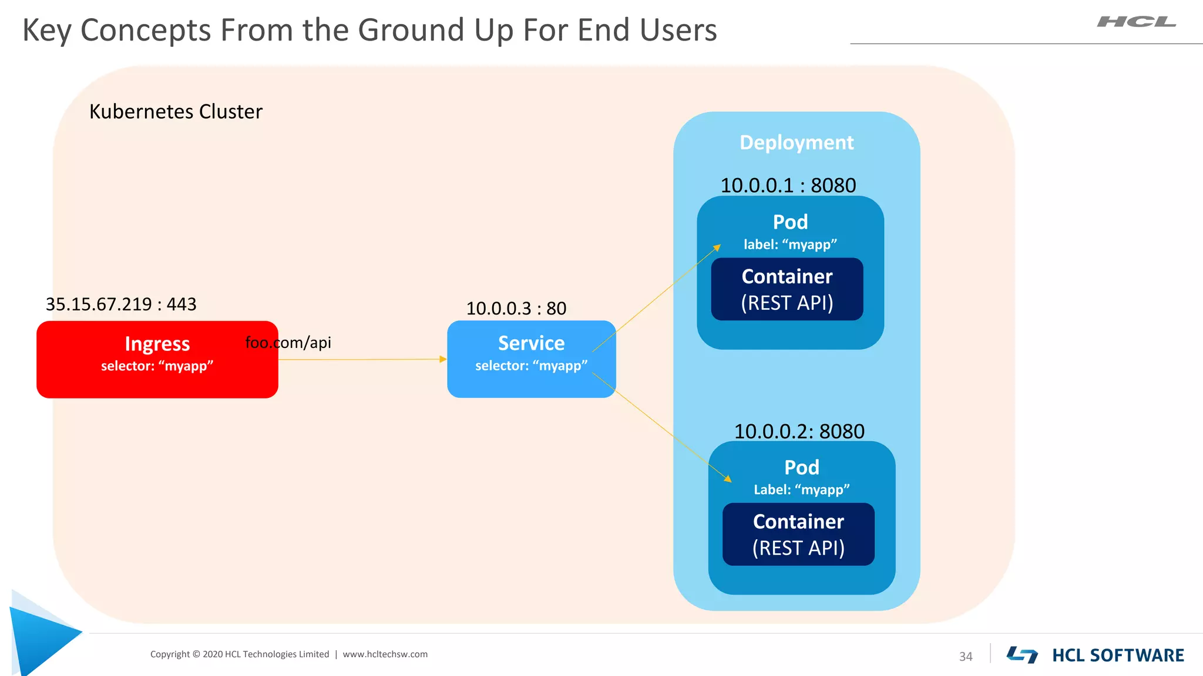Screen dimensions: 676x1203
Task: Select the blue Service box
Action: click(531, 359)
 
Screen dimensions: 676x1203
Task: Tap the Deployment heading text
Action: click(796, 143)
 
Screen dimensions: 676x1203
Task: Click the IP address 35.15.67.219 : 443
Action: click(121, 304)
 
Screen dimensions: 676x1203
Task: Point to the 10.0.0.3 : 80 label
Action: click(516, 308)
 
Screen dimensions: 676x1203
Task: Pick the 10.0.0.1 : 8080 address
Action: click(788, 185)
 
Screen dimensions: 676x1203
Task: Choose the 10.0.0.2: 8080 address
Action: click(799, 431)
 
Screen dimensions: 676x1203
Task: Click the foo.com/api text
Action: click(288, 342)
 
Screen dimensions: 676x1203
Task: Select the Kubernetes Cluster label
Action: click(176, 111)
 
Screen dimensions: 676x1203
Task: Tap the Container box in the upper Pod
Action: click(787, 289)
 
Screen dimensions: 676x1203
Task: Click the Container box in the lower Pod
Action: click(798, 535)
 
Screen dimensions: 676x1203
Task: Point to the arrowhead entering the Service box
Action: click(443, 359)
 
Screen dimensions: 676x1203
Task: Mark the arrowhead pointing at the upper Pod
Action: click(717, 248)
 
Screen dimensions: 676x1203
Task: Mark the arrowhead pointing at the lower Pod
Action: click(728, 479)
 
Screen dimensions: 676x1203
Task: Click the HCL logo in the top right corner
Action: click(1136, 22)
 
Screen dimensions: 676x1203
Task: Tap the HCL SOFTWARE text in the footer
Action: click(1117, 655)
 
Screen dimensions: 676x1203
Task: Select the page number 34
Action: click(966, 657)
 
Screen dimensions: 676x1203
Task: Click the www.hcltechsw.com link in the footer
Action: click(385, 654)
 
